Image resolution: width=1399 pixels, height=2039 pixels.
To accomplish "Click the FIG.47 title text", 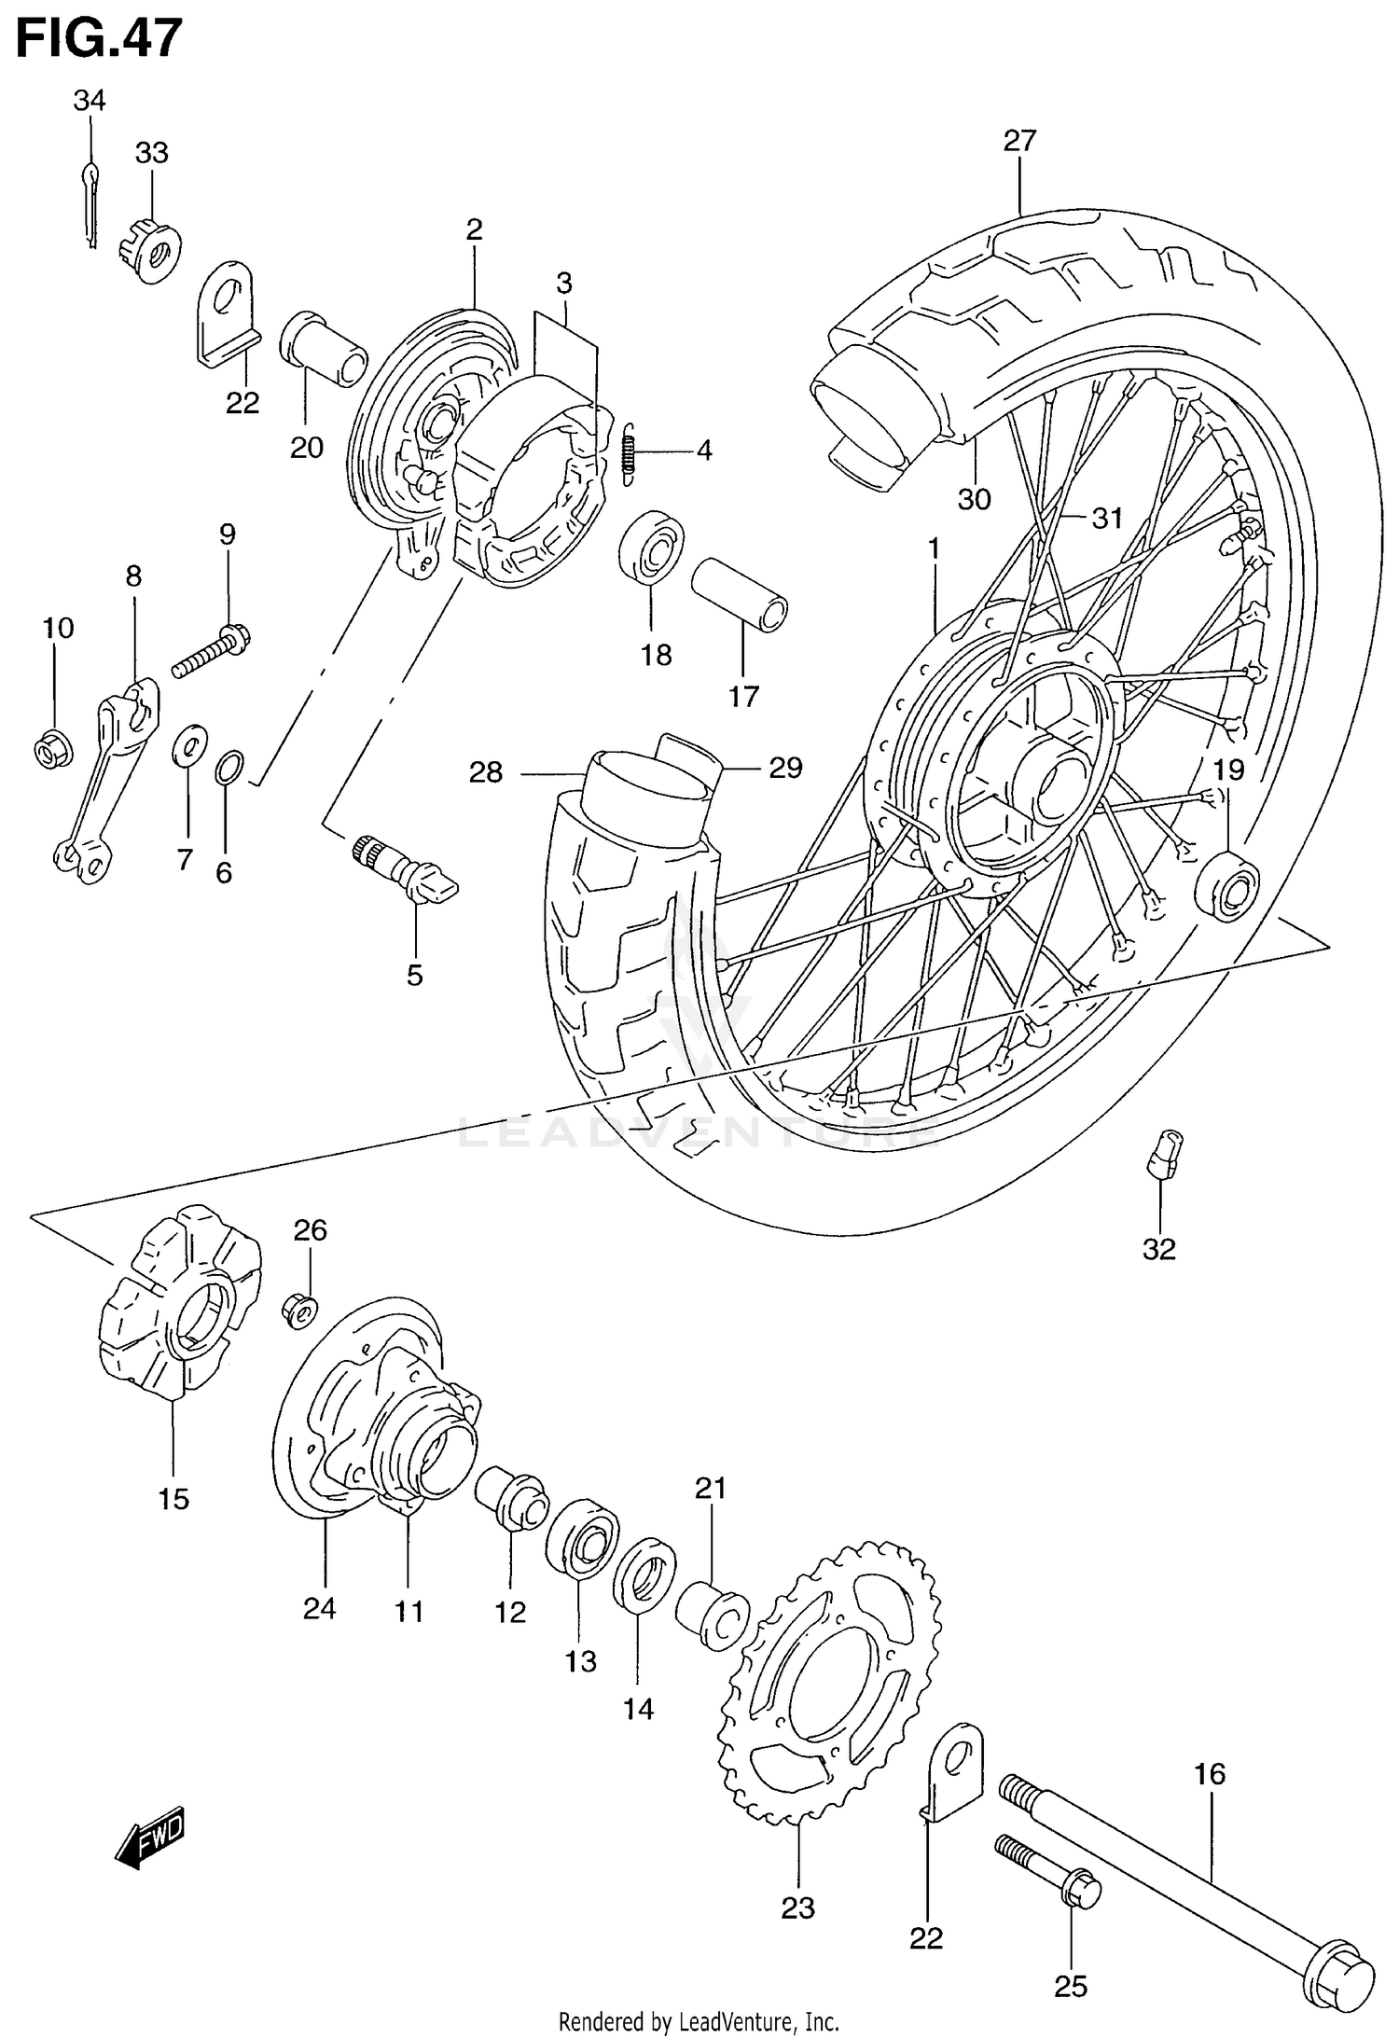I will tap(98, 39).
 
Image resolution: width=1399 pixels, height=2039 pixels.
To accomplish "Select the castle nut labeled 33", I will tap(150, 249).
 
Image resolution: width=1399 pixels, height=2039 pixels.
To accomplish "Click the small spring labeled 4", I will tap(630, 451).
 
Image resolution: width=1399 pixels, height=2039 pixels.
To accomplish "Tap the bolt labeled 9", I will tap(212, 652).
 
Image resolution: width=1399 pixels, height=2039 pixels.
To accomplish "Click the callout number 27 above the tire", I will tap(1019, 141).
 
